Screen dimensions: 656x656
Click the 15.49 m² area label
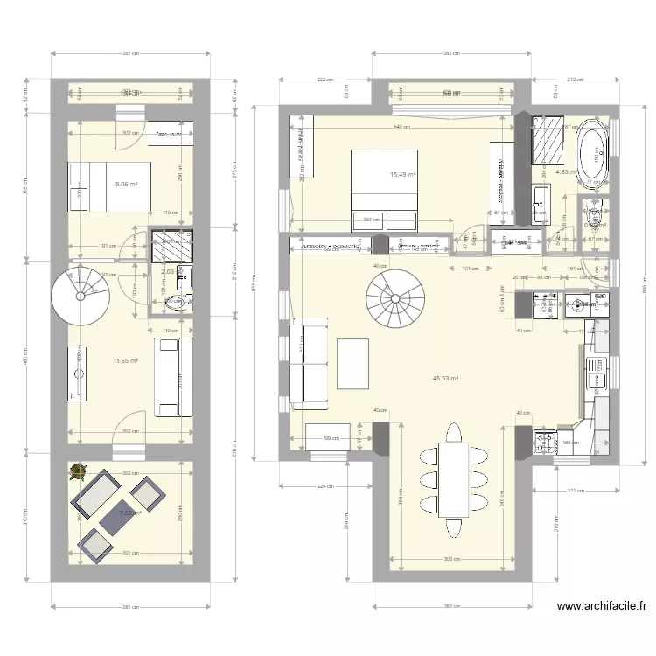point(402,175)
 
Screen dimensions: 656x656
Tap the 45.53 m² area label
point(447,379)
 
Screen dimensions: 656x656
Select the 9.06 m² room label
point(127,185)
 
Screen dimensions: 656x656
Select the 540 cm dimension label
point(403,129)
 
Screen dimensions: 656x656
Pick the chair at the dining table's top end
point(454,433)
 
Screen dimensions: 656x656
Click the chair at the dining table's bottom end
point(453,530)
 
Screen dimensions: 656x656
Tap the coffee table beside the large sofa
point(352,363)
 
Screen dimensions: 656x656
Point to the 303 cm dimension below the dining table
point(451,558)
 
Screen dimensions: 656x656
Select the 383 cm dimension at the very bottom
point(451,605)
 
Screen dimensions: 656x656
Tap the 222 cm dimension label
point(325,80)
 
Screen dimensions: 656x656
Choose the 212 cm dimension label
point(573,80)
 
